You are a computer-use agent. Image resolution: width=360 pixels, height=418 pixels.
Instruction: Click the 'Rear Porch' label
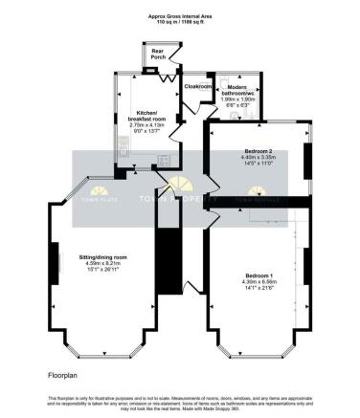pyautogui.click(x=157, y=55)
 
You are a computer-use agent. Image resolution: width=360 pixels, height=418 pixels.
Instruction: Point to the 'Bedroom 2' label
pyautogui.click(x=253, y=152)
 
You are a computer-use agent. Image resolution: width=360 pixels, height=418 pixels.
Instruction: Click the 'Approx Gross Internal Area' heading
pyautogui.click(x=180, y=15)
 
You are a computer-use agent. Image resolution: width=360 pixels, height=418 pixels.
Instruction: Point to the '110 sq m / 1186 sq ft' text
pyautogui.click(x=180, y=22)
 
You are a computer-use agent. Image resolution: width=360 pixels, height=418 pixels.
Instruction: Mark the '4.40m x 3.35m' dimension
pyautogui.click(x=253, y=159)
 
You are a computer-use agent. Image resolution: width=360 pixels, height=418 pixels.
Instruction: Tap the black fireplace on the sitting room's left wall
pyautogui.click(x=53, y=263)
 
